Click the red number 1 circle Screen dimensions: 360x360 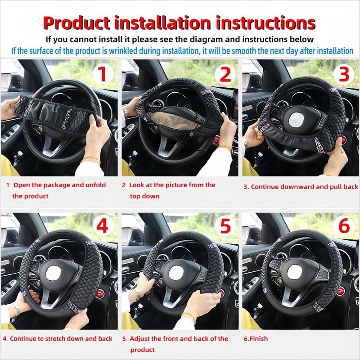click(x=103, y=74)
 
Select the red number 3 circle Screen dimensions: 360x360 click(x=344, y=74)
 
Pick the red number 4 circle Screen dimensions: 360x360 click(x=103, y=226)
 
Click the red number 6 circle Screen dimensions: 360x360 click(x=344, y=226)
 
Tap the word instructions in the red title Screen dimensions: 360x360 click(x=265, y=22)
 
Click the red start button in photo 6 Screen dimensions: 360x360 click(x=341, y=290)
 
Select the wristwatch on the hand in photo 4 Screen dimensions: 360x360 click(x=17, y=308)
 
